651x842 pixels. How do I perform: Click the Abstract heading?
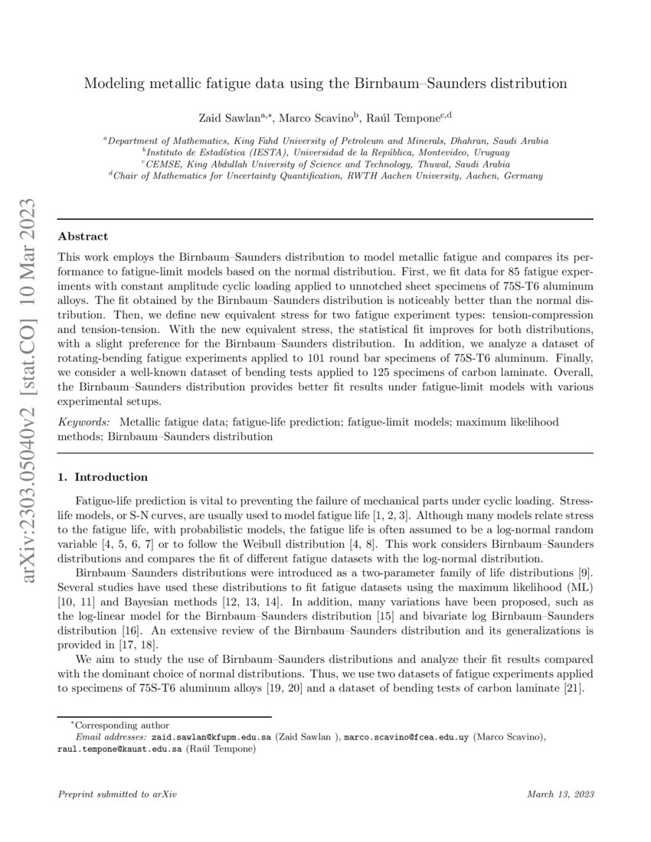[83, 237]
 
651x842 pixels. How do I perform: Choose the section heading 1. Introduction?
[103, 477]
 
